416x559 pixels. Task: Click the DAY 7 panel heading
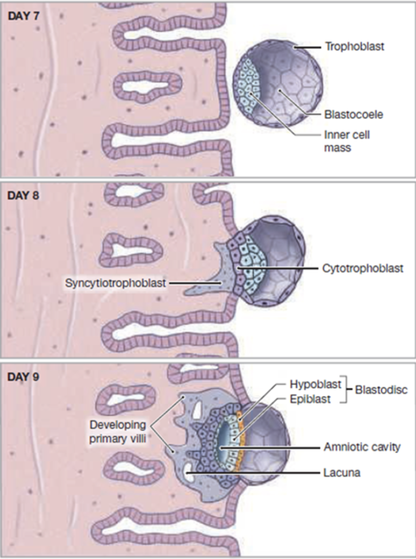[x=23, y=16]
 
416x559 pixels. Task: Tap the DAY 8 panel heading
[x=23, y=196]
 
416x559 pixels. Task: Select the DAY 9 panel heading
[x=23, y=377]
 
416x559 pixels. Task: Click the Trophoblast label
[x=354, y=47]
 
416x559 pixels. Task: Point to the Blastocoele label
[x=354, y=115]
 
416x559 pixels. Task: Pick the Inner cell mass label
[x=346, y=141]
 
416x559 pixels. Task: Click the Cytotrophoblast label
[x=363, y=268]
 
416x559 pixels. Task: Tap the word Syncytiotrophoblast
[x=115, y=283]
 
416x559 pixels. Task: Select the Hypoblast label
[x=315, y=384]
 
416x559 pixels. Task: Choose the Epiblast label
[x=310, y=399]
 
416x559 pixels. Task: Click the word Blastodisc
[x=381, y=390]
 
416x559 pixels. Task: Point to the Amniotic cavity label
[x=362, y=447]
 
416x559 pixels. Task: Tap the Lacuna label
[x=342, y=473]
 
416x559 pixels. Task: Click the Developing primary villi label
[x=117, y=432]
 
